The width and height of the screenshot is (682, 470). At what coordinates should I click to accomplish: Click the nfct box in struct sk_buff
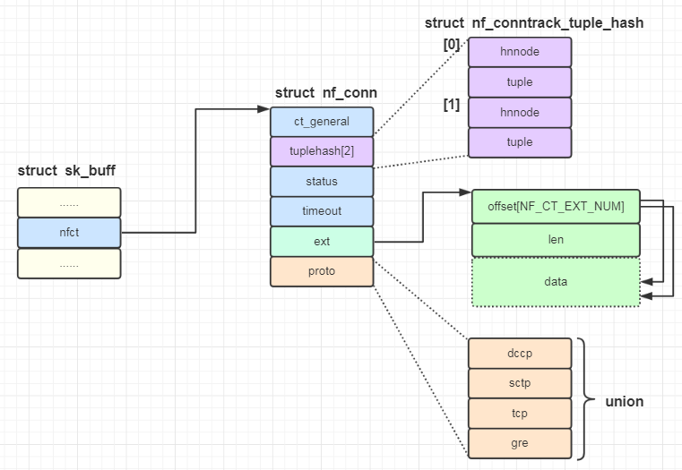[68, 233]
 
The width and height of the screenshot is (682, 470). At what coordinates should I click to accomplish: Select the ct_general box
[322, 122]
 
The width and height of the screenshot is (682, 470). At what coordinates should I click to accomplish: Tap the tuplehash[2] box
[322, 151]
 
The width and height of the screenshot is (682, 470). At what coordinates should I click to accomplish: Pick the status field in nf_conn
[322, 182]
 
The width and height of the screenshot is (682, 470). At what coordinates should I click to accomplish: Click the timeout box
[322, 211]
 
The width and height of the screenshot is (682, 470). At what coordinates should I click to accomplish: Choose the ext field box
[322, 241]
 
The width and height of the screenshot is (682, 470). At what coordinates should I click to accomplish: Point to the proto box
[322, 271]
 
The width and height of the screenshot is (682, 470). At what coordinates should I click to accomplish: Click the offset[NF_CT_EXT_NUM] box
[556, 206]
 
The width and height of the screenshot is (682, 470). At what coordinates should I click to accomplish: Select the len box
[556, 240]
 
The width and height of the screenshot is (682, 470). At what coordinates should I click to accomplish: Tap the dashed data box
[556, 282]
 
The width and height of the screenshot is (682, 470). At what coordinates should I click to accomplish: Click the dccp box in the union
[519, 353]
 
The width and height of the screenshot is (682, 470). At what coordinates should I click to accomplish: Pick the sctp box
[519, 383]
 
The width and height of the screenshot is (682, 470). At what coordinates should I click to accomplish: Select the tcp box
[519, 413]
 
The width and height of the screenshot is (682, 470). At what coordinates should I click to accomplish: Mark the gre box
[519, 442]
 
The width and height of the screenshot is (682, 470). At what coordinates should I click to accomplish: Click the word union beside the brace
[624, 401]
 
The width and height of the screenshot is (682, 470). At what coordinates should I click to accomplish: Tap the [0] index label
[451, 44]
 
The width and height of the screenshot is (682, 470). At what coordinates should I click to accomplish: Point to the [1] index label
[451, 105]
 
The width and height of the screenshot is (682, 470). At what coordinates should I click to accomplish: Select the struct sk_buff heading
[66, 170]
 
